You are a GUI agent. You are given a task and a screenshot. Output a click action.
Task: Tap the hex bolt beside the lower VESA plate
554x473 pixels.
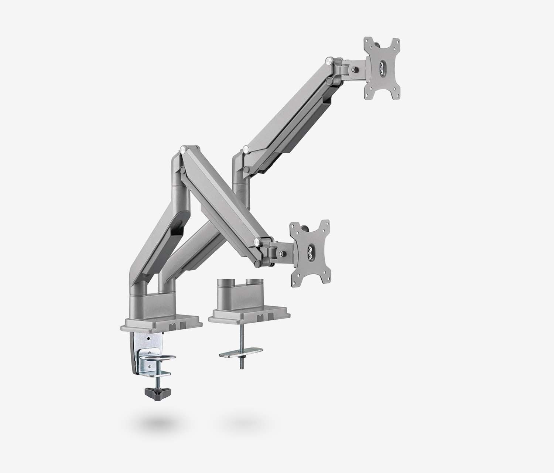tap(281, 253)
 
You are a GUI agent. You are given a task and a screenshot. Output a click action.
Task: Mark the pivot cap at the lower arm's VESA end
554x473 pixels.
tap(256, 242)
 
